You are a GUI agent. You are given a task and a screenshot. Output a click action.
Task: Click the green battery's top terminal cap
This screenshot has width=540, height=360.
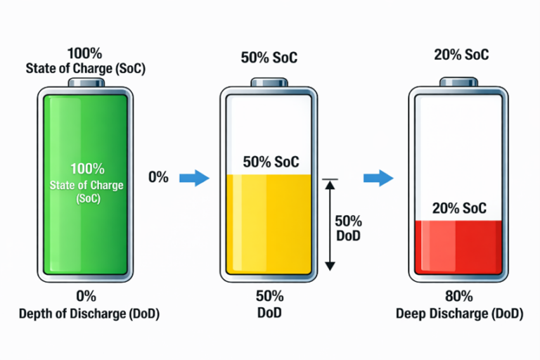[86, 83]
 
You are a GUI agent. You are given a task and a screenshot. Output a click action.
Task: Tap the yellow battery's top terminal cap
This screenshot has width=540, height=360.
[269, 83]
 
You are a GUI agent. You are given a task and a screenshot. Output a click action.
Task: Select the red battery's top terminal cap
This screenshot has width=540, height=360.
[458, 82]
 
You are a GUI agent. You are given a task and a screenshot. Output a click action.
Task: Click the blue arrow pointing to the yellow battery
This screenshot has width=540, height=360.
[195, 178]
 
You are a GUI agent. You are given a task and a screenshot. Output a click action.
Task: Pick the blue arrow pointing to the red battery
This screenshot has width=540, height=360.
[378, 178]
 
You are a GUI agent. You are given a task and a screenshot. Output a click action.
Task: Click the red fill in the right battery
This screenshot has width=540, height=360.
[458, 247]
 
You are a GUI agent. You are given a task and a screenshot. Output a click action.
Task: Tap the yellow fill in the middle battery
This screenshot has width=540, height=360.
[269, 224]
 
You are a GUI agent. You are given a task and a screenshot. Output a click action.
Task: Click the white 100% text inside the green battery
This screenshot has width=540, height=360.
[87, 169]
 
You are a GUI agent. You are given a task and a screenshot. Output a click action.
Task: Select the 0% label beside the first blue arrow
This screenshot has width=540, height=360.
[158, 177]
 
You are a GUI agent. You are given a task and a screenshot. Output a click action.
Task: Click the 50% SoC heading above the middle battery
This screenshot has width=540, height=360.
[269, 58]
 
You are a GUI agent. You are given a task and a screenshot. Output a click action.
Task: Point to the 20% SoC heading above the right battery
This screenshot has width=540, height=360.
[461, 55]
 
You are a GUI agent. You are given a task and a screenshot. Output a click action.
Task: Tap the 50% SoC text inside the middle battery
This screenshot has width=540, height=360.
[271, 162]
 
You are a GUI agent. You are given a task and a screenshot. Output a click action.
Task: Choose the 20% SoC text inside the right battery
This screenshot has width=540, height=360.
[459, 208]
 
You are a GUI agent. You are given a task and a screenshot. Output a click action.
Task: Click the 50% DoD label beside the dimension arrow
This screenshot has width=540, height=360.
[348, 229]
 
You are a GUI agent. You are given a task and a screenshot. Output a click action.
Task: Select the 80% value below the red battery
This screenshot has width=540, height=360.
[459, 296]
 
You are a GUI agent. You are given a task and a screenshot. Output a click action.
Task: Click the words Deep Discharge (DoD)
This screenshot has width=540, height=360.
[459, 314]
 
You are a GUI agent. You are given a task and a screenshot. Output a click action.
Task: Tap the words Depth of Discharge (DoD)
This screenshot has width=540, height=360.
[89, 314]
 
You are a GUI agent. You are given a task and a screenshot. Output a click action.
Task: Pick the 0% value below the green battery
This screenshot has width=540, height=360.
[86, 296]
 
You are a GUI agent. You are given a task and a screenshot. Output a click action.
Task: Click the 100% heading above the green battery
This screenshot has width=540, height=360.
[84, 53]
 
